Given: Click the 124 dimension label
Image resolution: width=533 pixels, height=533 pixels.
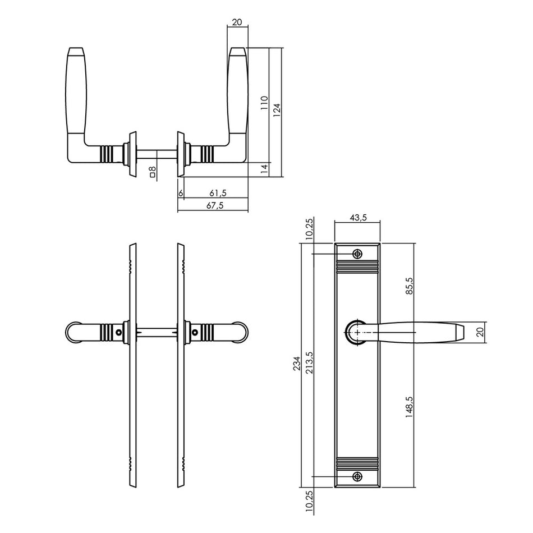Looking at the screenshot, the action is tap(277, 110).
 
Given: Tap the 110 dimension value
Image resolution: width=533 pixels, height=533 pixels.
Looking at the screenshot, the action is tap(264, 103).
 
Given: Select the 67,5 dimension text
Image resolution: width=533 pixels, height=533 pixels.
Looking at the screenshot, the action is tap(215, 205).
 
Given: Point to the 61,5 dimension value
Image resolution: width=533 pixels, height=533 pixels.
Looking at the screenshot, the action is tap(218, 193).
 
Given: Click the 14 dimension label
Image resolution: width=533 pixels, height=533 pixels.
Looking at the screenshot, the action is tap(264, 168).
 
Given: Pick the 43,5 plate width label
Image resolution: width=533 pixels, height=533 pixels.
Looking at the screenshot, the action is tap(359, 218).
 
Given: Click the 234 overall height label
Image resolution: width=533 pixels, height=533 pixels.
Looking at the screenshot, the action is tap(297, 364).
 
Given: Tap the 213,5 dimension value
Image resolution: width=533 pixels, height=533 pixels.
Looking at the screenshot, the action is tap(309, 362).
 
